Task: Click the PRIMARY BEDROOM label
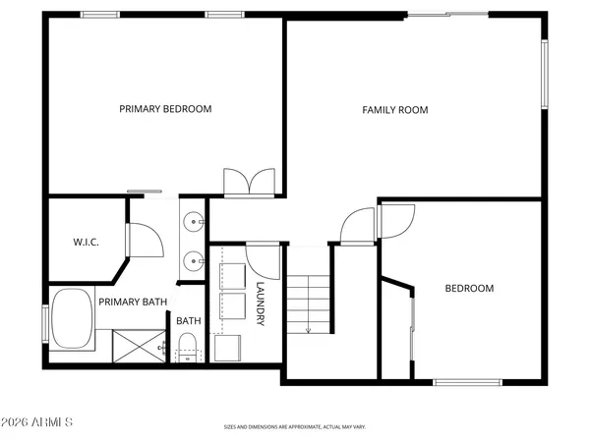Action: [x=165, y=109]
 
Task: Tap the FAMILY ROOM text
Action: [x=395, y=110]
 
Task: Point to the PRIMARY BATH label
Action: [x=132, y=303]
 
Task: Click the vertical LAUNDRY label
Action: [x=261, y=304]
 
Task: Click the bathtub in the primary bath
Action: [x=72, y=319]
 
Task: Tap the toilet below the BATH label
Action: [x=187, y=347]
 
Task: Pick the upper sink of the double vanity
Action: [x=192, y=222]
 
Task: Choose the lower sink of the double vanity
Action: [x=192, y=261]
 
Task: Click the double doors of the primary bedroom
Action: [x=249, y=183]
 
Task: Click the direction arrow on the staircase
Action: [x=309, y=327]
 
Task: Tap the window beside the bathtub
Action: [x=44, y=324]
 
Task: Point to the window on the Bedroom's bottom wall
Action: [x=466, y=381]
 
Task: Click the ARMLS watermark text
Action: [x=38, y=423]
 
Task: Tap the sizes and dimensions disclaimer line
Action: [x=294, y=427]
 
